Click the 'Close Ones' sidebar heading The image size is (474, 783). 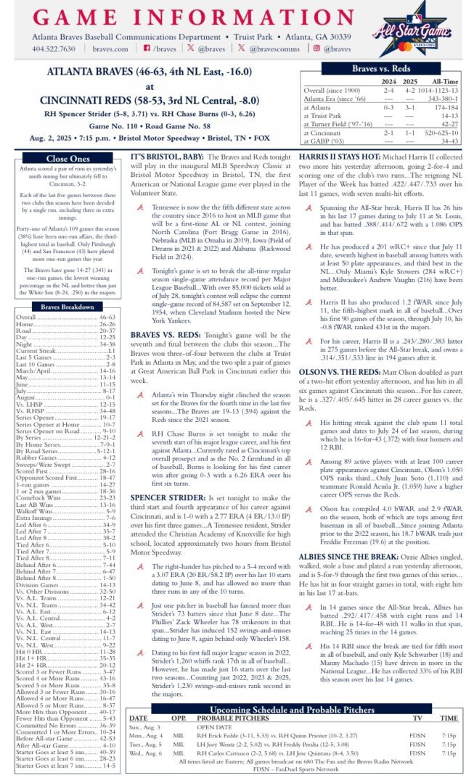68,159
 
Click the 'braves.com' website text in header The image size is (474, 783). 110,49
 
